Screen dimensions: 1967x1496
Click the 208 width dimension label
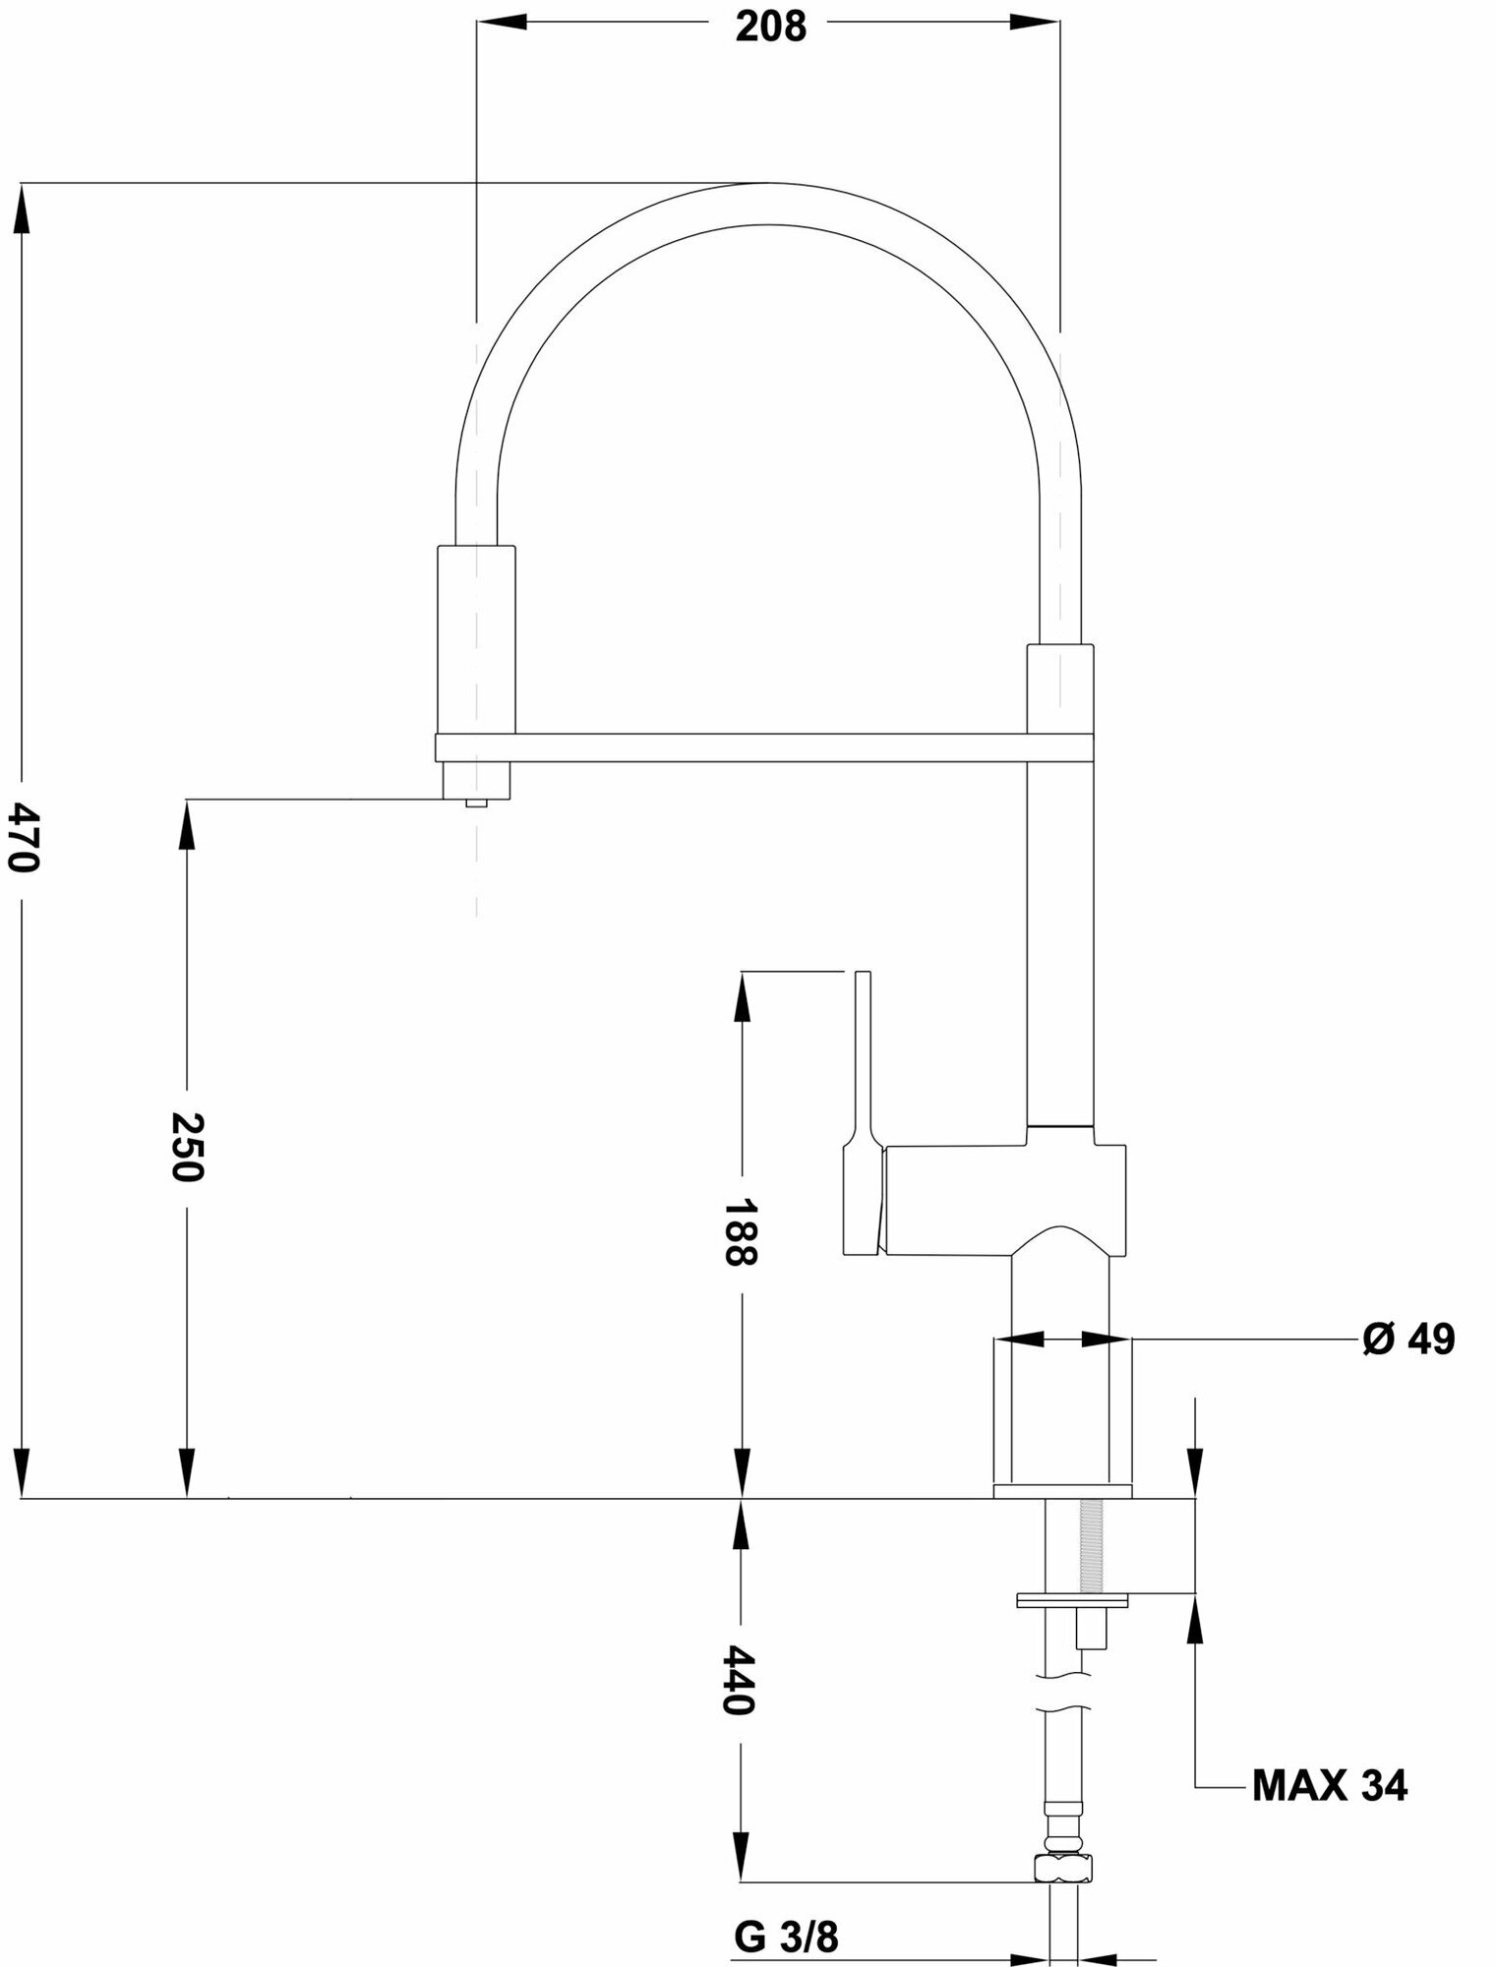(770, 27)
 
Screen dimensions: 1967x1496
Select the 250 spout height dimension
(186, 1147)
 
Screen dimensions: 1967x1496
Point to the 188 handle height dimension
(740, 1232)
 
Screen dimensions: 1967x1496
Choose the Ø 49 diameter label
(1408, 1339)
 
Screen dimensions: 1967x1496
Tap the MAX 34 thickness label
(1329, 1785)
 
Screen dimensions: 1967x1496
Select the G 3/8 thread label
(786, 1910)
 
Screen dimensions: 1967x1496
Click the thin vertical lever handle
(863, 1057)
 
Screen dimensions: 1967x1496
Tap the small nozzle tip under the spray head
(477, 802)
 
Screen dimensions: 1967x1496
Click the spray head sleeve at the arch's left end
(475, 639)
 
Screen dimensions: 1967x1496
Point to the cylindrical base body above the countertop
(1062, 1416)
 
